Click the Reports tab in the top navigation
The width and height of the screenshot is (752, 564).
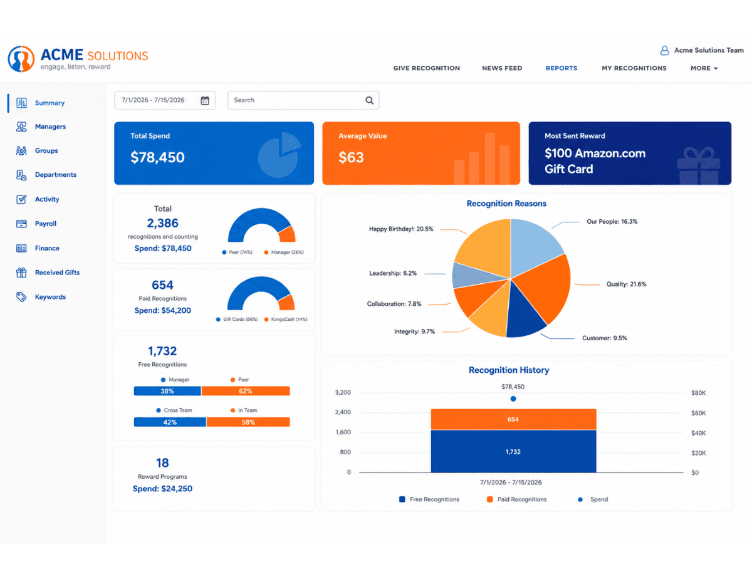(x=561, y=68)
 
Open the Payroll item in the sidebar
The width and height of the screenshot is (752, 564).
(x=46, y=224)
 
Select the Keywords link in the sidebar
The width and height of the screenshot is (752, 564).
(x=50, y=297)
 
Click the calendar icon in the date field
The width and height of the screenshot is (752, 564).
(x=205, y=100)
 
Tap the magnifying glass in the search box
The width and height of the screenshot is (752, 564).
(x=369, y=100)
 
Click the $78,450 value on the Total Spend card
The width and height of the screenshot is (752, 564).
(x=157, y=157)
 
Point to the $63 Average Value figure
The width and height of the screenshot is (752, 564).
(x=351, y=157)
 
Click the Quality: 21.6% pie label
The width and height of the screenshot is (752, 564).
(x=626, y=284)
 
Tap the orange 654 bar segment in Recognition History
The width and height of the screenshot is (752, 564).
(x=513, y=419)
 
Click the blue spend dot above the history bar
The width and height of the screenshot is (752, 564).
(x=513, y=399)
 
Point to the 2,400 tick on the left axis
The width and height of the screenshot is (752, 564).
(x=343, y=412)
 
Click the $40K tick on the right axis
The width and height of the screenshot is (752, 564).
(x=698, y=433)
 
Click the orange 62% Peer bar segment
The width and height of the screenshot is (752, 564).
(x=246, y=391)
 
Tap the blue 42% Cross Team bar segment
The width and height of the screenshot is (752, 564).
(x=170, y=422)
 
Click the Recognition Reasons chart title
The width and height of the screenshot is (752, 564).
(x=506, y=204)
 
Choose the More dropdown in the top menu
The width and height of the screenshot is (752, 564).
(x=704, y=68)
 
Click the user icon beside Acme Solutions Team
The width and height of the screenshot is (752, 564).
(x=664, y=51)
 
